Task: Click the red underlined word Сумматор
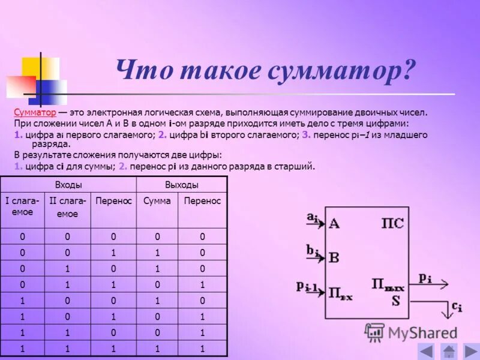pos(35,112)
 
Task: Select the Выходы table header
pos(181,185)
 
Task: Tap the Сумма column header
pos(157,201)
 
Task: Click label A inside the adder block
pos(334,224)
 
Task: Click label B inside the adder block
pos(334,258)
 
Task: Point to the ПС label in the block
pos(392,224)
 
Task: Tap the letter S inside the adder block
pos(395,300)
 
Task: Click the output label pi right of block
pos(425,277)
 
